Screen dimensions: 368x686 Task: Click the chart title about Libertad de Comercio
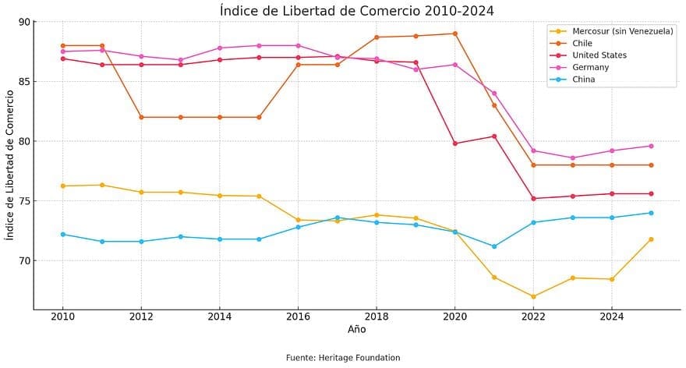(x=356, y=10)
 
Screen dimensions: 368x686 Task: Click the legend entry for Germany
(x=601, y=68)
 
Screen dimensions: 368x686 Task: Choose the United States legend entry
(x=609, y=55)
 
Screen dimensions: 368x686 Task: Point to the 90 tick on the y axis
(x=23, y=22)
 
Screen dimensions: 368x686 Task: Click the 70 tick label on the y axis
(x=23, y=260)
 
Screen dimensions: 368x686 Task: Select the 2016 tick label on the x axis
(x=298, y=317)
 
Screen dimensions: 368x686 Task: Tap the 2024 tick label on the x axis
(x=611, y=317)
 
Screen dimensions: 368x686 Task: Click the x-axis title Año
(x=356, y=330)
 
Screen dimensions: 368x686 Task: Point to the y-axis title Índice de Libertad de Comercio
(x=10, y=165)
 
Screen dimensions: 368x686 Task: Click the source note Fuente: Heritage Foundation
(x=343, y=358)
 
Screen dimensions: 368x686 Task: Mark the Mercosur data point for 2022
(x=533, y=296)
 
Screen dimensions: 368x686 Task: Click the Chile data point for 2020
(x=454, y=34)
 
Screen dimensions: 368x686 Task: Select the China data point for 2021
(x=494, y=246)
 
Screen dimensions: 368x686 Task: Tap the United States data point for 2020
(x=454, y=143)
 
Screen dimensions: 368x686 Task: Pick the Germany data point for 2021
(x=494, y=94)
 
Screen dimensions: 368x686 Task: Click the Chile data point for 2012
(x=141, y=117)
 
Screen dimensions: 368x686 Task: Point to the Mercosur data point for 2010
(x=62, y=186)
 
